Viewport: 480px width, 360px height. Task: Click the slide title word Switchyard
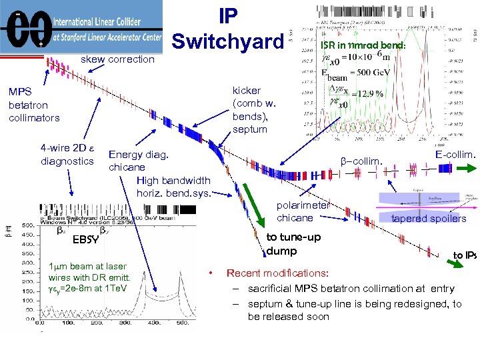[227, 41]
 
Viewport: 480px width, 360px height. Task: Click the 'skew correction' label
[117, 60]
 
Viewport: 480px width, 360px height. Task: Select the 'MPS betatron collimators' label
[34, 105]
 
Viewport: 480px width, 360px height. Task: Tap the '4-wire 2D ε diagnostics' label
[67, 155]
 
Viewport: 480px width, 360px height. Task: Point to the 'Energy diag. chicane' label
[139, 161]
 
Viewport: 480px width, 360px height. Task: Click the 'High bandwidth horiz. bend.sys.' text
[173, 187]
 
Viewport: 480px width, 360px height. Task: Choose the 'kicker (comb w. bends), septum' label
[254, 109]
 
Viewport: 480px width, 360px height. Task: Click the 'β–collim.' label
[361, 161]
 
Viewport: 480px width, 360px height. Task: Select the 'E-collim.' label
[455, 155]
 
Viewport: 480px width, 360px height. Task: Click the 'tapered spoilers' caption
[429, 219]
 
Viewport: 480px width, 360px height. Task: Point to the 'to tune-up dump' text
[293, 244]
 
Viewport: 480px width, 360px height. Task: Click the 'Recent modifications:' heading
[277, 273]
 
